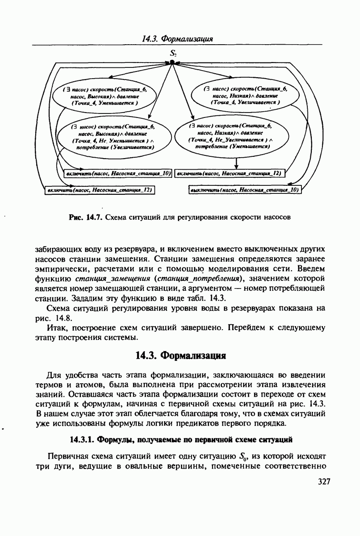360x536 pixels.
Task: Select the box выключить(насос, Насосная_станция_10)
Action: pyautogui.click(x=245, y=190)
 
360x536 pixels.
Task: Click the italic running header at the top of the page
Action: pyautogui.click(x=177, y=39)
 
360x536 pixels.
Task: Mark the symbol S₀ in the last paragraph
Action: pyautogui.click(x=243, y=457)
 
